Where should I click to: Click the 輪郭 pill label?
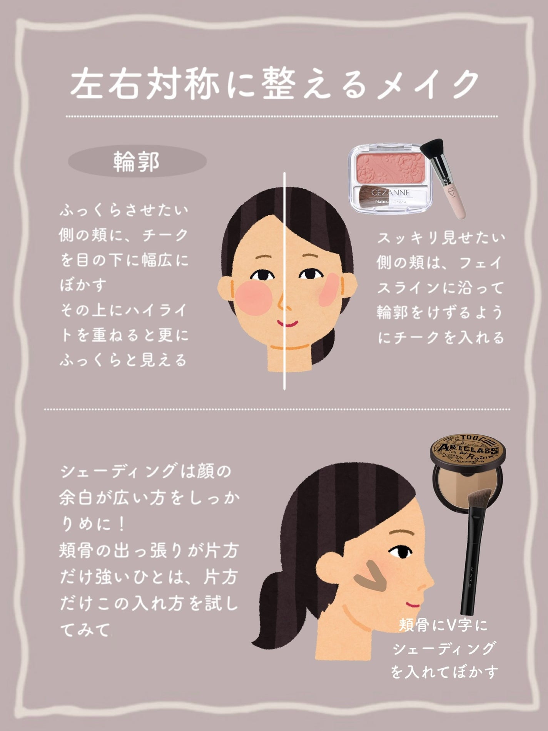coord(137,162)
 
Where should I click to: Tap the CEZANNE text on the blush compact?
coord(391,192)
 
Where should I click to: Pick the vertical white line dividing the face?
coord(284,281)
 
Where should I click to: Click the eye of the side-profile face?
coord(396,553)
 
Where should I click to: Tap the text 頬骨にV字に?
coord(443,625)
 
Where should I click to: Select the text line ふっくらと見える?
coord(123,361)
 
